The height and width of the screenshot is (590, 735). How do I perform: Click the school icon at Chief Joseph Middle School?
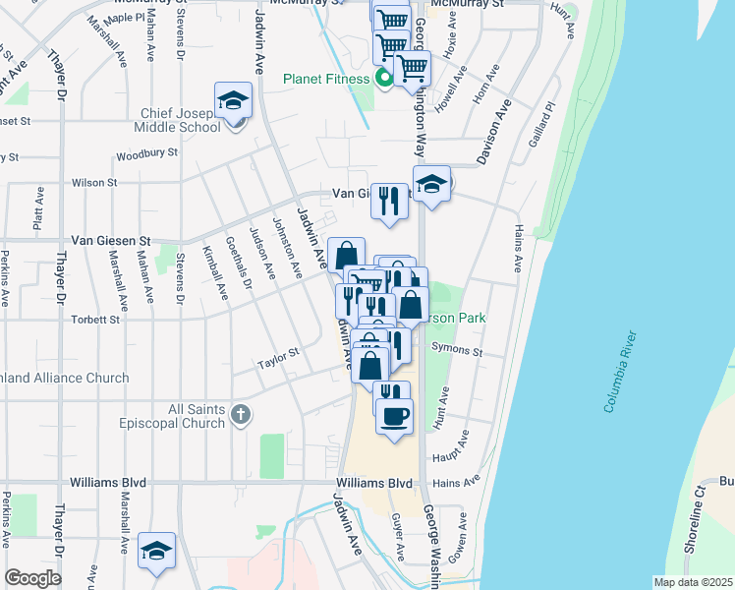pyautogui.click(x=234, y=101)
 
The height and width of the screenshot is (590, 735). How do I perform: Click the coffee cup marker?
pyautogui.click(x=395, y=416)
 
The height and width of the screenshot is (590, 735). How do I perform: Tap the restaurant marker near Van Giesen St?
pyautogui.click(x=390, y=202)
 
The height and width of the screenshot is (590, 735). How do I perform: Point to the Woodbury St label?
pyautogui.click(x=146, y=154)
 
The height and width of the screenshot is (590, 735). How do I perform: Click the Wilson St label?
pyautogui.click(x=94, y=182)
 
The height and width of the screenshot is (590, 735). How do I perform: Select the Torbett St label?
pyautogui.click(x=95, y=320)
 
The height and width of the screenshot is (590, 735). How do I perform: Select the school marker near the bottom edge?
pyautogui.click(x=156, y=552)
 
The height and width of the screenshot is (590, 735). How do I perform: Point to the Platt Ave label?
pyautogui.click(x=38, y=208)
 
